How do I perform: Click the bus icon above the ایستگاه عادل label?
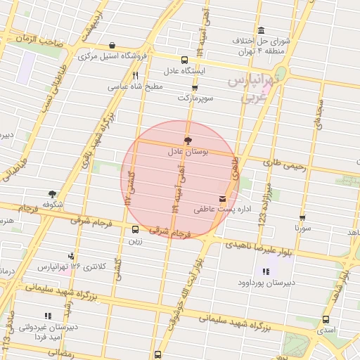184,60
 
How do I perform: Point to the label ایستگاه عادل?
184,71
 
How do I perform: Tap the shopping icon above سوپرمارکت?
195,88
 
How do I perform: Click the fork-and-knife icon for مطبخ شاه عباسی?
135,76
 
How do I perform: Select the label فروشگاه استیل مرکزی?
114,56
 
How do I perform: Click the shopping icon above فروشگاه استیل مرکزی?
112,45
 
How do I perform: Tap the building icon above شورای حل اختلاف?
261,30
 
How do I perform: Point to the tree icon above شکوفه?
52,193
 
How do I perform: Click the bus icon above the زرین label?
135,229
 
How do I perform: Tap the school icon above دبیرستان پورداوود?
266,271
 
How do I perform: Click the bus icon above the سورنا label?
302,219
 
